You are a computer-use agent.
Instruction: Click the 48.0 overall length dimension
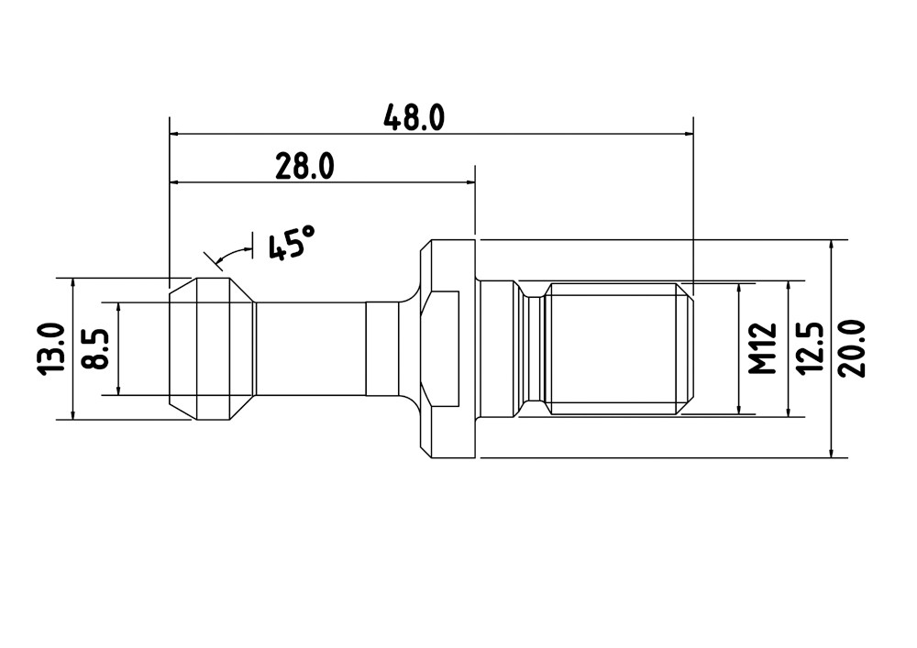pyautogui.click(x=414, y=117)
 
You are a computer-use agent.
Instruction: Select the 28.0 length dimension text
pyautogui.click(x=304, y=167)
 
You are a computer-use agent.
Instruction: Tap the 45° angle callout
pyautogui.click(x=292, y=242)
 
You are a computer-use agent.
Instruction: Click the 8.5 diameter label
pyautogui.click(x=96, y=348)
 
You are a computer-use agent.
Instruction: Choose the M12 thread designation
pyautogui.click(x=763, y=348)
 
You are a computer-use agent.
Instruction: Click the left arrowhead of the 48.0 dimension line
pyautogui.click(x=176, y=134)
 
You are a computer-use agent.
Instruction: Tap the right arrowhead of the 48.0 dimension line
pyautogui.click(x=687, y=134)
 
